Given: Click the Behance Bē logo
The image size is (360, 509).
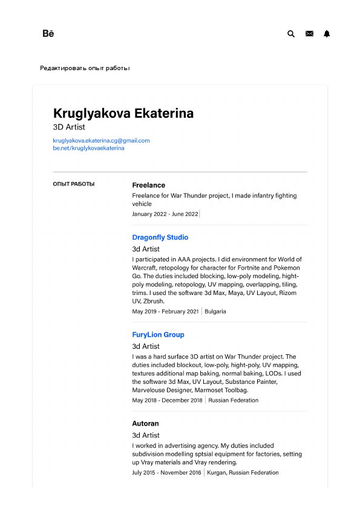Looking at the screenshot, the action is [48, 34].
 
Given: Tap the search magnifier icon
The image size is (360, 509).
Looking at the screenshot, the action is [291, 34].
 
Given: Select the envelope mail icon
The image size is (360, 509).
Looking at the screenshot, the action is [309, 34].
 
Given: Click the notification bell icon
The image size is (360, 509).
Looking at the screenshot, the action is [327, 34].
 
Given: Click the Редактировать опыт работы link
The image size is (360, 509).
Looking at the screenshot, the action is [84, 68].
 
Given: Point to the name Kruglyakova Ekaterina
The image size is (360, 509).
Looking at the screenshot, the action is [123, 113].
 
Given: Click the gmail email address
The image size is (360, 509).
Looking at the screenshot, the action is [101, 140].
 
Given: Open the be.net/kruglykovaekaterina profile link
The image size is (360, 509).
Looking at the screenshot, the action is [88, 148].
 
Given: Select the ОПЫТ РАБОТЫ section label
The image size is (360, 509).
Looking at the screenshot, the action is [74, 184].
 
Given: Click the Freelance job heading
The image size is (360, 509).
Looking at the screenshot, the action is [148, 185].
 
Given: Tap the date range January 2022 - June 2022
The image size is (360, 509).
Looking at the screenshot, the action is [165, 214].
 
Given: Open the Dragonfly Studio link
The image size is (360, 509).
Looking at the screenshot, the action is [160, 238].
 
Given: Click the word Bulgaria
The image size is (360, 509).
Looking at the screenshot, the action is [215, 311].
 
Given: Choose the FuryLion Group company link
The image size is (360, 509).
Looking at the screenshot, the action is [158, 334].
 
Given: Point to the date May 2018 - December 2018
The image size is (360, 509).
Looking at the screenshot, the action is [166, 400].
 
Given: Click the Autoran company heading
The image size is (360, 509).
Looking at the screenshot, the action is [145, 424].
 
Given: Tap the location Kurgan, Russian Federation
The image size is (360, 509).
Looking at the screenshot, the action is [243, 473].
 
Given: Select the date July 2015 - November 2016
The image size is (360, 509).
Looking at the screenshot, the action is [166, 473].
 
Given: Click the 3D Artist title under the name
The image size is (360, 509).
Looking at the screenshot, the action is [69, 128].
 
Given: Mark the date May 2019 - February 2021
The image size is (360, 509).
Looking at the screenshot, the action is [165, 311].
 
